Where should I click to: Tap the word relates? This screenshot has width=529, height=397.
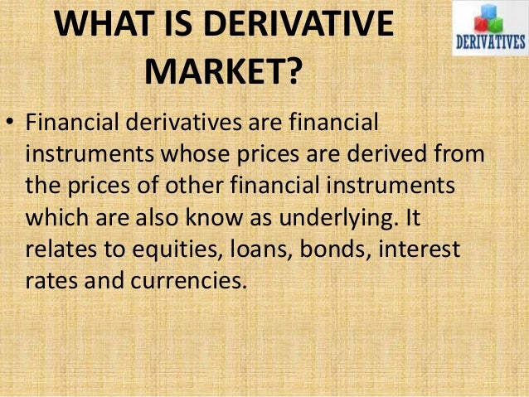[58, 249]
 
